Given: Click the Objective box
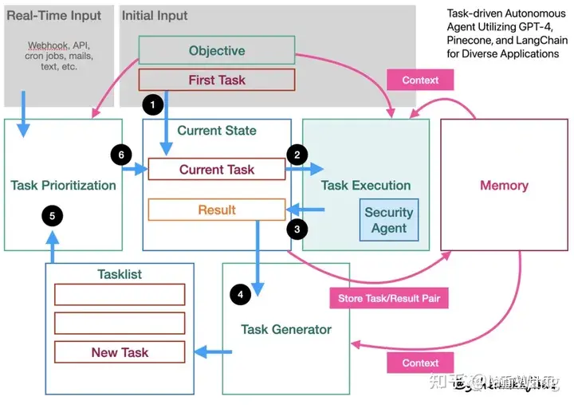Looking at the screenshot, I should [217, 51].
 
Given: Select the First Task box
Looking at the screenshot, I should [217, 80].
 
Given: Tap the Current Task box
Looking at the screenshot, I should [217, 169].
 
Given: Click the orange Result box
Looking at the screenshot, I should [217, 210].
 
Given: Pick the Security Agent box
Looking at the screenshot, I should [388, 220].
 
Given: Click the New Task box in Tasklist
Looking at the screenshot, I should [120, 352].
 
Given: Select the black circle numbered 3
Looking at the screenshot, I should [297, 229].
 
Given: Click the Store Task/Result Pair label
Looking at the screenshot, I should [389, 300].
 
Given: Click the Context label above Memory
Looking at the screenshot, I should [420, 80].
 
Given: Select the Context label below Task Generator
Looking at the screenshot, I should [420, 363].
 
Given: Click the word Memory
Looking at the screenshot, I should [504, 185].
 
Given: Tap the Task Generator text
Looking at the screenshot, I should [286, 329].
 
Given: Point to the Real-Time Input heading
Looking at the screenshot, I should [54, 15].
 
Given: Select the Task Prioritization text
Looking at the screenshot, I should [64, 185].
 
